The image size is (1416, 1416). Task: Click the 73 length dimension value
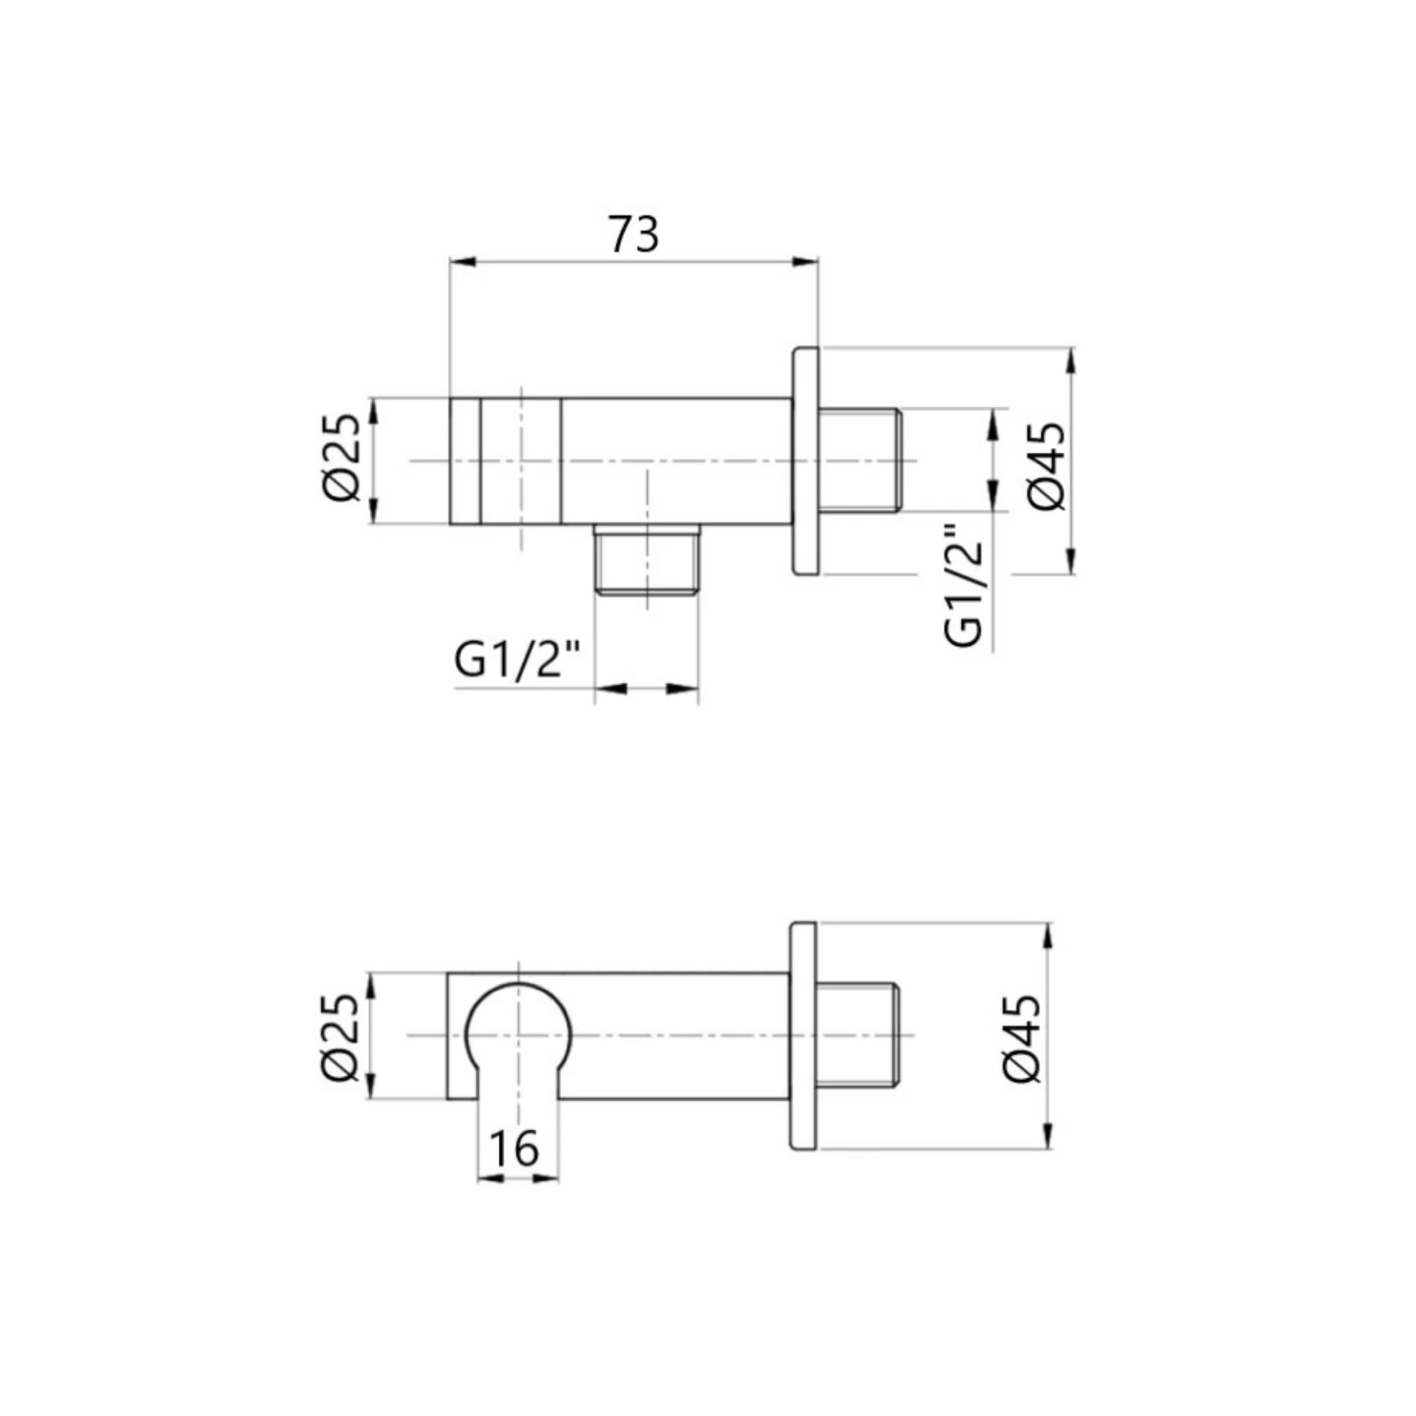(634, 235)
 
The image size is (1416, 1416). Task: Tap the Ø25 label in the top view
(342, 459)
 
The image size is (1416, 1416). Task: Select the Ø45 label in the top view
(1047, 466)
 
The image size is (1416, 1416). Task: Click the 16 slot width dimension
(513, 1149)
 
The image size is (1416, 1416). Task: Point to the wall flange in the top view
(805, 461)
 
